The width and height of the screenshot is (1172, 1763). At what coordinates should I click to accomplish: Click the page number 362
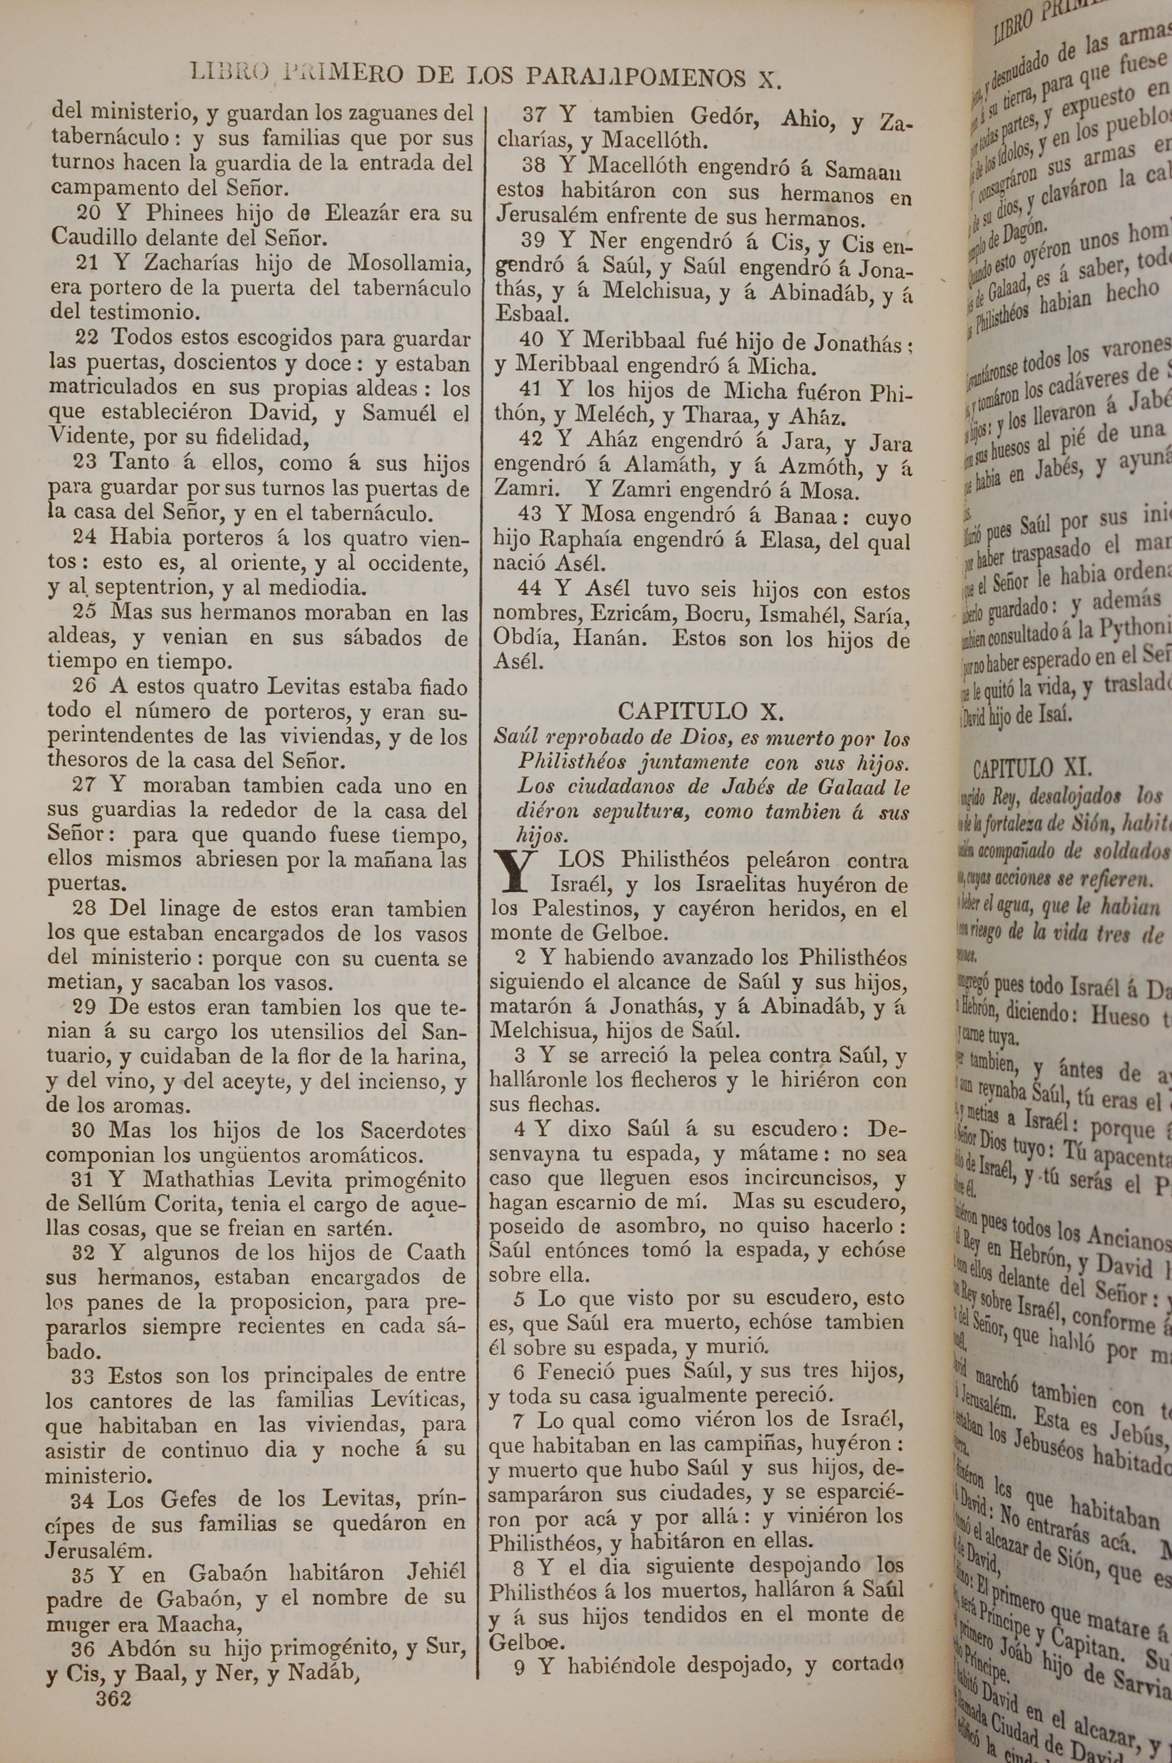[x=114, y=1698]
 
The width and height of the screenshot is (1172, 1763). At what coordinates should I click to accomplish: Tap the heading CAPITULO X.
[x=700, y=711]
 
